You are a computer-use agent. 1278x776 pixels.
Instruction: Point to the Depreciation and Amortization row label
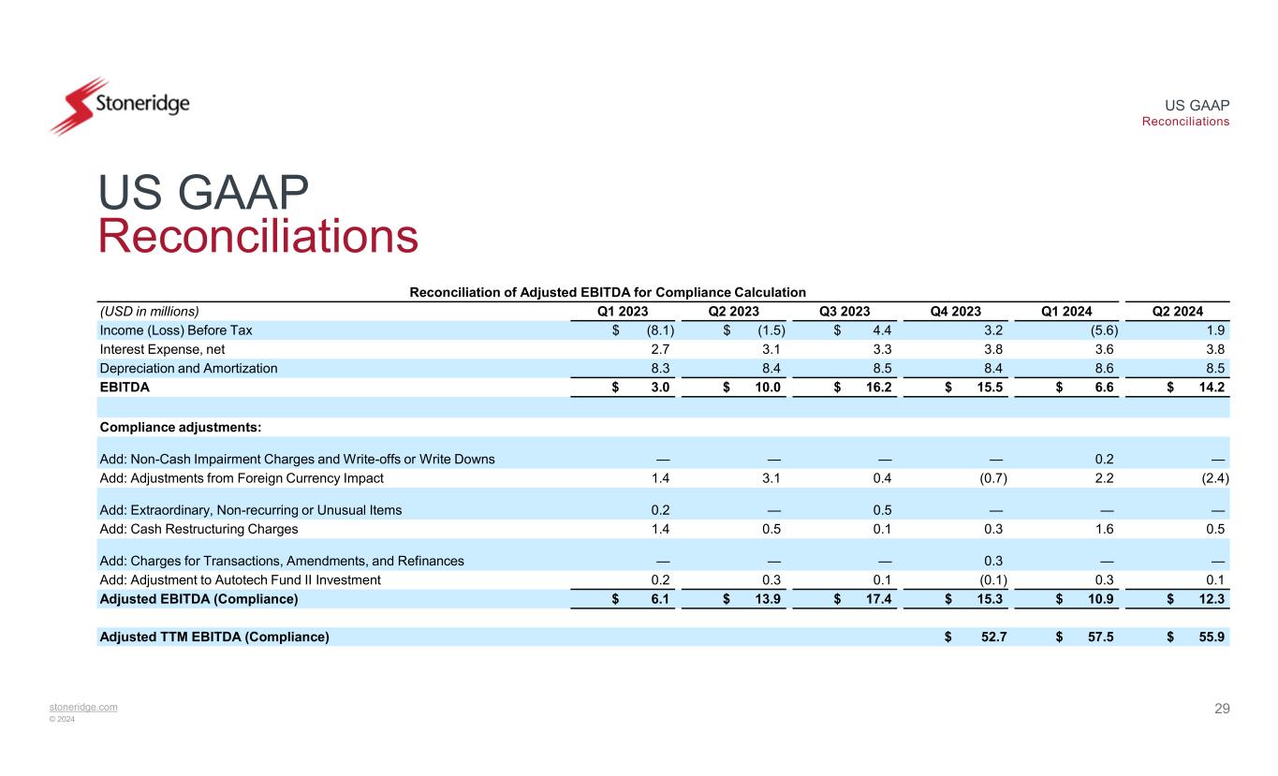tap(188, 368)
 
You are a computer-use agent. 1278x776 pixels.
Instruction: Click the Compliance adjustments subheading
tap(180, 427)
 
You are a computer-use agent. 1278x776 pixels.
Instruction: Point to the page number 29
tap(1221, 709)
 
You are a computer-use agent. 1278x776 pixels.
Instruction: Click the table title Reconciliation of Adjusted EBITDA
tap(609, 292)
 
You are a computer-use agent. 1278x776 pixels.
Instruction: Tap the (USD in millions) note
tap(150, 312)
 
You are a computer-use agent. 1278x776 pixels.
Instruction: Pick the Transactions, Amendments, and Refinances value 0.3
tap(997, 561)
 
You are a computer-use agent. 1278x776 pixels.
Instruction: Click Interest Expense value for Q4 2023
tap(997, 349)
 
